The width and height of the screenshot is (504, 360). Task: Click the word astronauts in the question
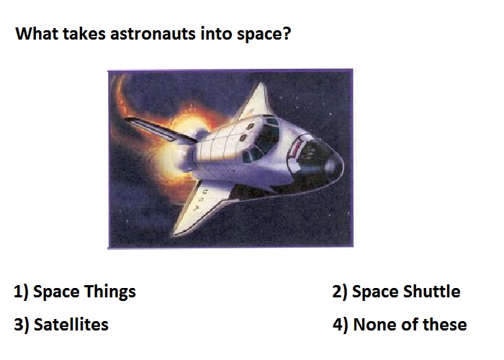click(153, 34)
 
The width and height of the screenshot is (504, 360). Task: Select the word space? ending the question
click(264, 35)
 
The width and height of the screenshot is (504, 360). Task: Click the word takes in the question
click(84, 33)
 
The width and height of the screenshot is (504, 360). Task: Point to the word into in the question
click(216, 33)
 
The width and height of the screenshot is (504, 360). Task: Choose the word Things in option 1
click(110, 292)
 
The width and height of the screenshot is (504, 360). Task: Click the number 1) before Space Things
click(21, 292)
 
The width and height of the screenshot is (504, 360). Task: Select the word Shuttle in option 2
click(431, 292)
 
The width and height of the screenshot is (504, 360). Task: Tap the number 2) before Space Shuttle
click(340, 292)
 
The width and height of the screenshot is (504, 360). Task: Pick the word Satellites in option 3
click(71, 324)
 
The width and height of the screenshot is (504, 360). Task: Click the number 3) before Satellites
click(22, 324)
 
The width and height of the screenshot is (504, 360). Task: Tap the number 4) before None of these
click(341, 324)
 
